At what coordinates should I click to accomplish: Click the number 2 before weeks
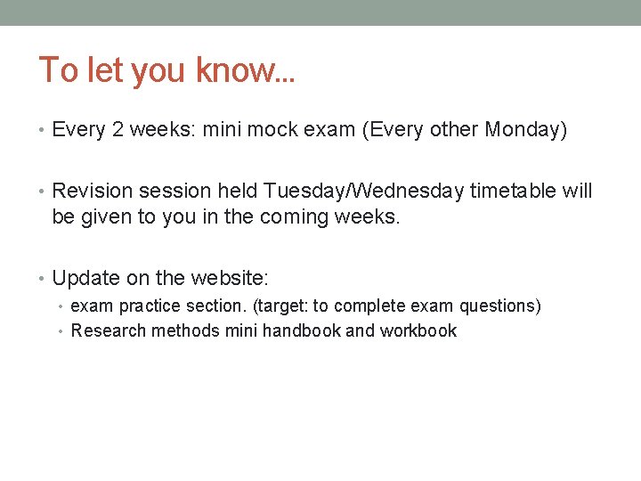(118, 130)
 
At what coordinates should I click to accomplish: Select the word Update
(85, 278)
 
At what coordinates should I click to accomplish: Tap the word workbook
(418, 330)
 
